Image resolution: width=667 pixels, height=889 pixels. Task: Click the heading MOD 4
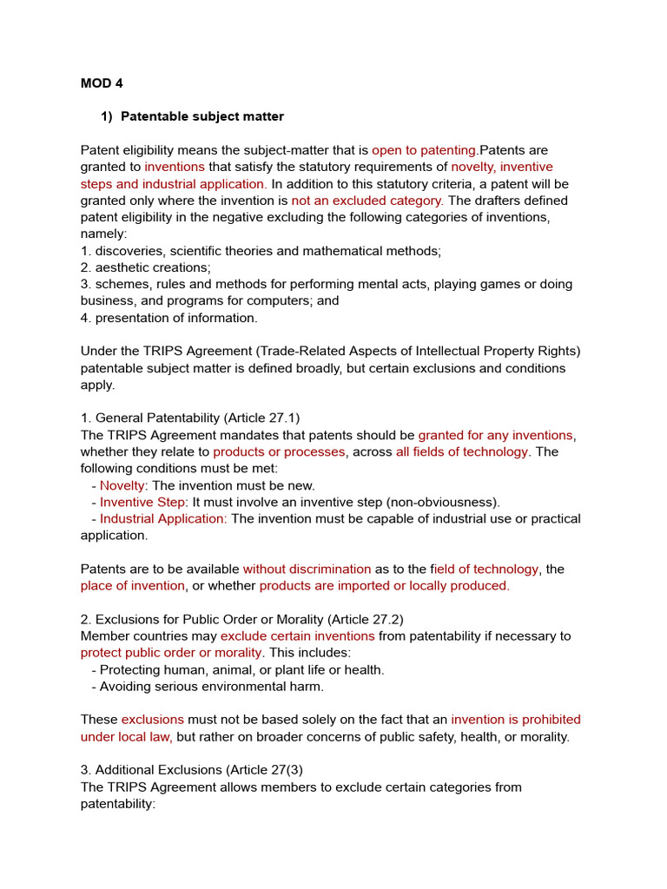coord(102,83)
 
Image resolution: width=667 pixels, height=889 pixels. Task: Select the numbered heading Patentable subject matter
coord(201,116)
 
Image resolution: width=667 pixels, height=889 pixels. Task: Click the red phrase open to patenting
coord(425,150)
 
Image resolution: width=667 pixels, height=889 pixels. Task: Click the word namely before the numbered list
coord(103,234)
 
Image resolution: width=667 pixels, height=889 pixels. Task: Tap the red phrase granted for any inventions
coord(495,435)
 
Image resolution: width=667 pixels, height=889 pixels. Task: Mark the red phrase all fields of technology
coord(462,452)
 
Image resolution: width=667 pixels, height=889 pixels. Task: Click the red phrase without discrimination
coord(307,569)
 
